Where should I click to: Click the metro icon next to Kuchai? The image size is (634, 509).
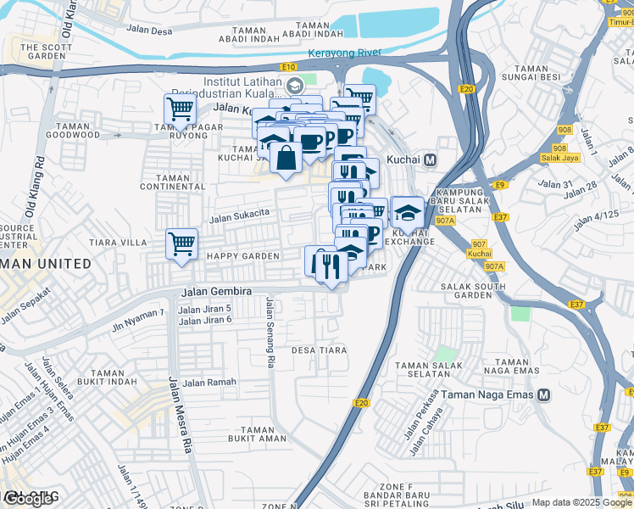coord(431,159)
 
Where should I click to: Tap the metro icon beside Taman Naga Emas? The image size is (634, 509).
coord(543,394)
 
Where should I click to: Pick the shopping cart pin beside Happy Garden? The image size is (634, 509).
coord(181,244)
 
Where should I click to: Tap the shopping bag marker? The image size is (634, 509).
coord(287,157)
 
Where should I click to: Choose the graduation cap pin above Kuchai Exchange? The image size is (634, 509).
coord(408,212)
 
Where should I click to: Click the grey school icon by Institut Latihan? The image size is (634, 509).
coord(294,85)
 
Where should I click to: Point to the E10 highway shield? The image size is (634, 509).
coord(290,65)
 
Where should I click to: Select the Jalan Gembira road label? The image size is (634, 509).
coord(216,292)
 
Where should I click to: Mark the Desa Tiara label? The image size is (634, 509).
coord(320,350)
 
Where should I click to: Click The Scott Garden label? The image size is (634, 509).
coord(42,52)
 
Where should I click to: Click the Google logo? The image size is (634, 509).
coord(30,498)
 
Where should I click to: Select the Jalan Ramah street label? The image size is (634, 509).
coord(209,383)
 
